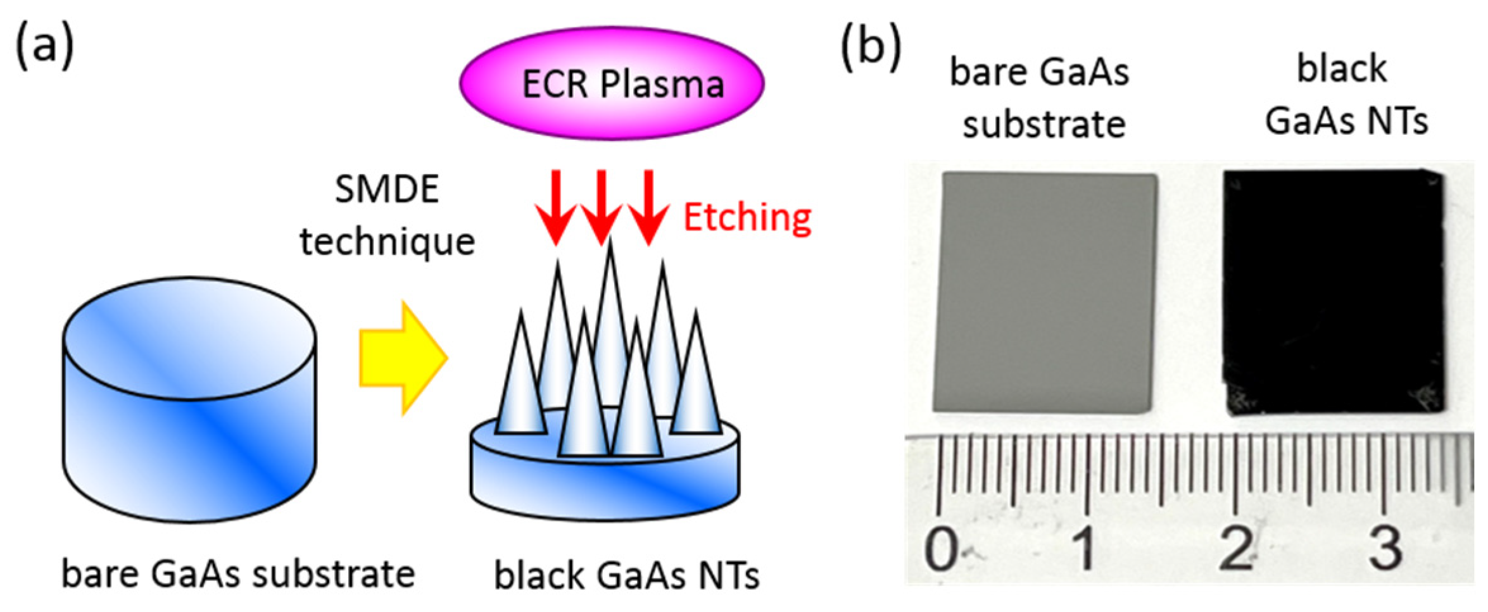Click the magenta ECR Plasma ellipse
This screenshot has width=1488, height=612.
(x=611, y=83)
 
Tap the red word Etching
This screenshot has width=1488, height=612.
(x=747, y=218)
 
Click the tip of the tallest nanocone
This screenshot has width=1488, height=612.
(x=610, y=244)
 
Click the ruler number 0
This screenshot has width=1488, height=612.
(x=942, y=549)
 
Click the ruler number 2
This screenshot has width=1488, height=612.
(x=1235, y=548)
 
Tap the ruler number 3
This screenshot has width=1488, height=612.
(x=1385, y=548)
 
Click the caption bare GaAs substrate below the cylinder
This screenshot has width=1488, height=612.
(x=238, y=575)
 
